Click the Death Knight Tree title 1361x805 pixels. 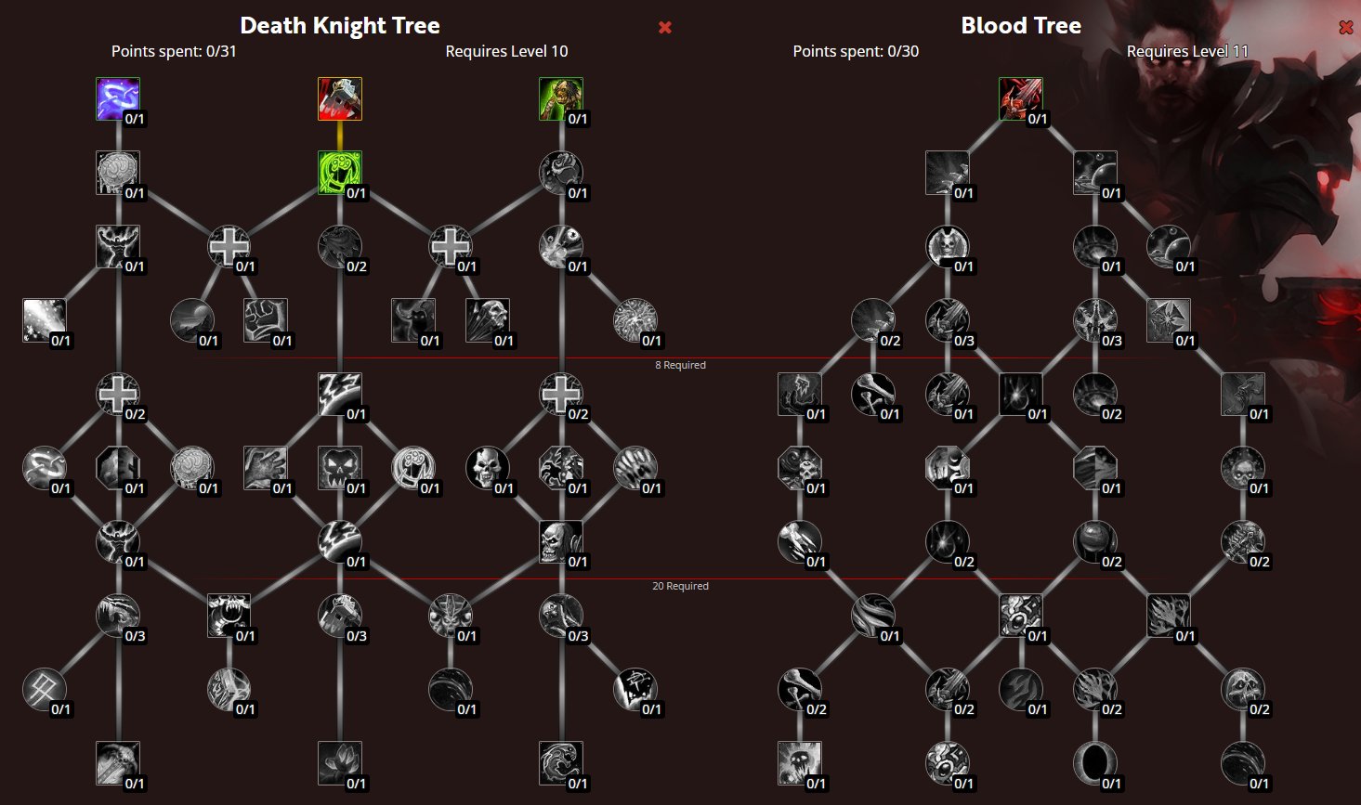coord(340,26)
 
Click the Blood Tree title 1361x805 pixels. coord(1021,26)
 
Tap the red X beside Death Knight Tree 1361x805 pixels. coord(665,27)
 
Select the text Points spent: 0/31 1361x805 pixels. coord(174,51)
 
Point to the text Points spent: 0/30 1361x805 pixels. coord(856,51)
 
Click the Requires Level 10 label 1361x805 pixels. coord(506,51)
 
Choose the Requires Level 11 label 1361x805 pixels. coord(1187,51)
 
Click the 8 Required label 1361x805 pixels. coord(680,365)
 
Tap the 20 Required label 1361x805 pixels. coord(680,586)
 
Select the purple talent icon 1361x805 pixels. coord(117,99)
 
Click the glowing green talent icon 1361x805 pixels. coord(339,173)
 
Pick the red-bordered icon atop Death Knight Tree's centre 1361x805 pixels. coord(339,99)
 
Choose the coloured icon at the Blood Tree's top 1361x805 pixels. coord(1020,99)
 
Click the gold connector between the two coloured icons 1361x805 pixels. coord(339,136)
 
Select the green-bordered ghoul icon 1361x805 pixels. coord(560,99)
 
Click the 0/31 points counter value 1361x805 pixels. coord(220,51)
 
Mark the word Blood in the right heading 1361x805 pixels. coord(989,26)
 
